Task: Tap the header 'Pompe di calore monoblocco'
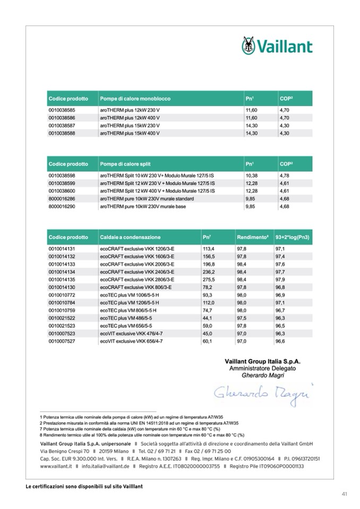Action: coord(135,99)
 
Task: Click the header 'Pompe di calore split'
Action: coord(127,165)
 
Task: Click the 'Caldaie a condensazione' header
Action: coord(130,237)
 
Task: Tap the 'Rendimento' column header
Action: coord(253,237)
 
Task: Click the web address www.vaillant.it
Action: coord(58,467)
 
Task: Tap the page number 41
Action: coord(344,494)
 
